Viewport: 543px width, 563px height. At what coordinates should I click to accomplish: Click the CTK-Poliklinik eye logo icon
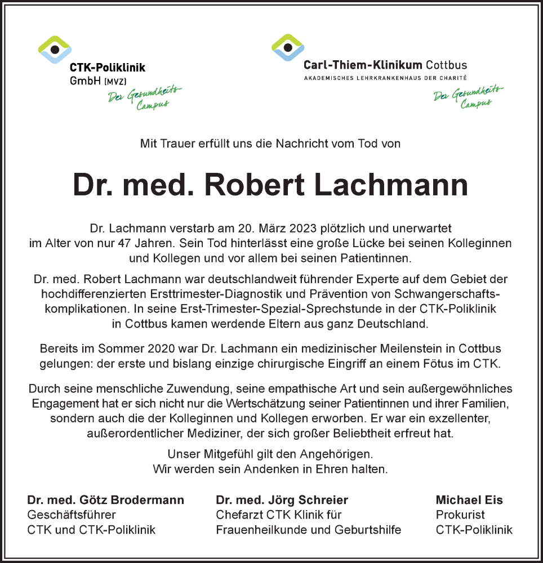tap(55, 49)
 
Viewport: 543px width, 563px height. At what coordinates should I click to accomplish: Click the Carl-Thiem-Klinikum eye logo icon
tap(288, 47)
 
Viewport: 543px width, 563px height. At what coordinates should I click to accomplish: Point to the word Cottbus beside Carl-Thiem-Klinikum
tap(447, 65)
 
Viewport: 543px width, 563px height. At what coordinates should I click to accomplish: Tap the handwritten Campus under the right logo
tap(476, 104)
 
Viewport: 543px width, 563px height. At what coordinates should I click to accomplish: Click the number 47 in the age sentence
tap(125, 243)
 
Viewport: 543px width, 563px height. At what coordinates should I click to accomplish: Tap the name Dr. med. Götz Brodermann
tap(105, 500)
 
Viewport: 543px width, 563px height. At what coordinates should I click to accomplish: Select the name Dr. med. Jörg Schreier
tap(282, 500)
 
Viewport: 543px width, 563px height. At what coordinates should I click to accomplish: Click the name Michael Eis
tap(469, 500)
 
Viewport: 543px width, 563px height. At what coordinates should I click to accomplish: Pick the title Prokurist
tap(460, 515)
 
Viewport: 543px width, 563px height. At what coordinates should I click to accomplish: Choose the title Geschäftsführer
tap(72, 515)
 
